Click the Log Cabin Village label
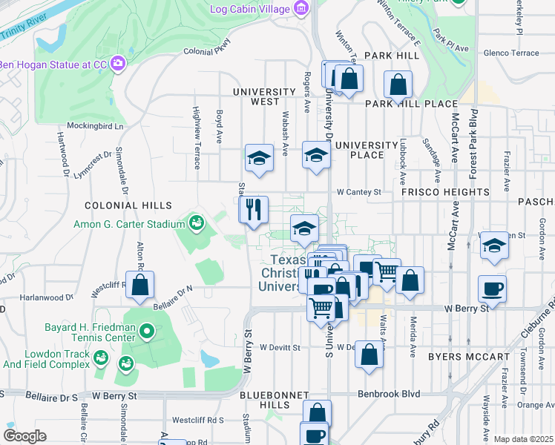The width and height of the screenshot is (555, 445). coord(249,10)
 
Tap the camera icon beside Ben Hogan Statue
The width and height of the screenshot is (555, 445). coord(118,64)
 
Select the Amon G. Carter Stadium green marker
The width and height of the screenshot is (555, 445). coord(197,222)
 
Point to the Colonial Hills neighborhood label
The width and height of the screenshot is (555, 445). coord(128,205)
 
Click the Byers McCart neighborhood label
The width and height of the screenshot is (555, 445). coord(469,357)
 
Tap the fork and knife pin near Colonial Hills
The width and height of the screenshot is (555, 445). coord(254,208)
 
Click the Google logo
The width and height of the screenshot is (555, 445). coord(24,436)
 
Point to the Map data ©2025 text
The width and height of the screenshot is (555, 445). coord(522,439)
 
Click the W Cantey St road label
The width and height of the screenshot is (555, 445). coord(358,191)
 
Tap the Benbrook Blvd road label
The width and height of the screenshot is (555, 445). coord(389,393)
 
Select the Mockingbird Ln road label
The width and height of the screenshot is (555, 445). coord(95,126)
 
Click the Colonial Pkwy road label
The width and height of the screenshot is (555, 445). coord(203,51)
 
